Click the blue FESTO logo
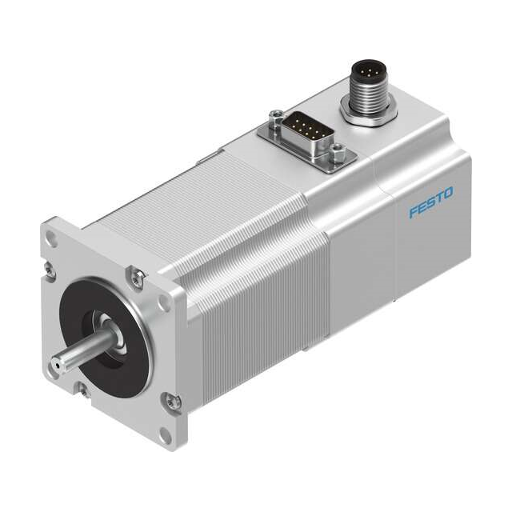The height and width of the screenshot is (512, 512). point(431,202)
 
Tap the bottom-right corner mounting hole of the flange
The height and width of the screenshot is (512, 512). point(165,436)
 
